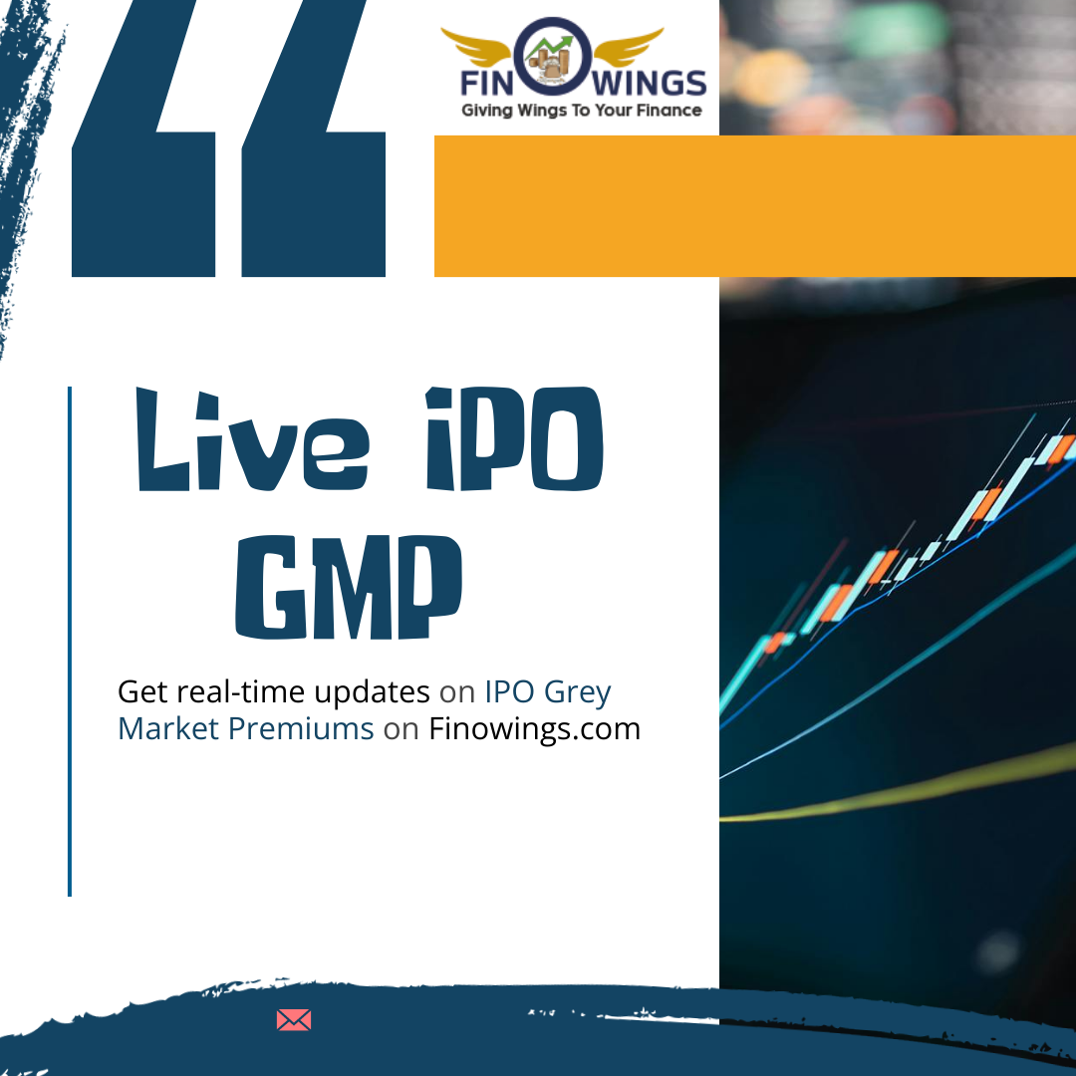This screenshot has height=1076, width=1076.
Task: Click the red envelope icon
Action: click(x=294, y=1020)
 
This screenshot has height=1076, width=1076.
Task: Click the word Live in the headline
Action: click(x=252, y=439)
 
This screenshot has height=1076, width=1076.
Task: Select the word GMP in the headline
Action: click(x=349, y=587)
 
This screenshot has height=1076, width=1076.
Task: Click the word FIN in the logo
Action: click(x=486, y=84)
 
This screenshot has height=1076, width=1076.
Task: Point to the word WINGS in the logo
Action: click(x=650, y=84)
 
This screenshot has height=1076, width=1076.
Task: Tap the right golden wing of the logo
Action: click(x=628, y=46)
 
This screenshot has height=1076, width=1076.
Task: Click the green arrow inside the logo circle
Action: click(x=551, y=47)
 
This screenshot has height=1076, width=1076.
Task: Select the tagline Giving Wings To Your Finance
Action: click(x=581, y=111)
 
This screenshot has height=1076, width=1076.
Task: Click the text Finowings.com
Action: click(x=535, y=728)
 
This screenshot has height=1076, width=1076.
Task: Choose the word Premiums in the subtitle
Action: click(x=301, y=728)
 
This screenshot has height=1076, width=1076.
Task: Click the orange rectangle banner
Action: click(x=755, y=206)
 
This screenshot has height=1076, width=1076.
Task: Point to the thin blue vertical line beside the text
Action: click(x=70, y=641)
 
